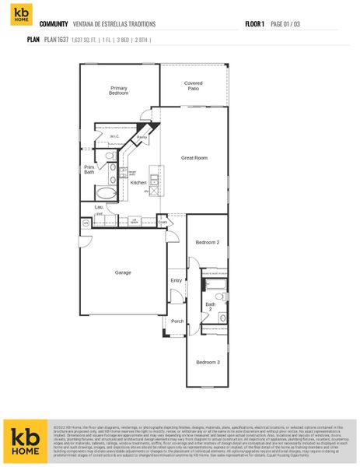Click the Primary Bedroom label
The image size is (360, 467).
point(118,90)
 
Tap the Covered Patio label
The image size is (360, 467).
point(194,86)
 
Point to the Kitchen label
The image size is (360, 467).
point(138,182)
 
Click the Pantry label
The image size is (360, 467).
point(142,137)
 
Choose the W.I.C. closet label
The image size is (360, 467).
point(114,137)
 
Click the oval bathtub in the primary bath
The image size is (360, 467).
point(106,193)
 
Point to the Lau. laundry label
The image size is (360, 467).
point(99,206)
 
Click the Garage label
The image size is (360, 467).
point(123,272)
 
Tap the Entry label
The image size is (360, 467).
point(177,280)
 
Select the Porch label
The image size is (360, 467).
point(177,321)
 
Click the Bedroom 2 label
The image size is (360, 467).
point(207,242)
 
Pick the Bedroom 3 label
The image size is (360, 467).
point(207,362)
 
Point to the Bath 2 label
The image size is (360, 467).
point(208,306)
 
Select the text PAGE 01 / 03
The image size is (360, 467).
point(286,24)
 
